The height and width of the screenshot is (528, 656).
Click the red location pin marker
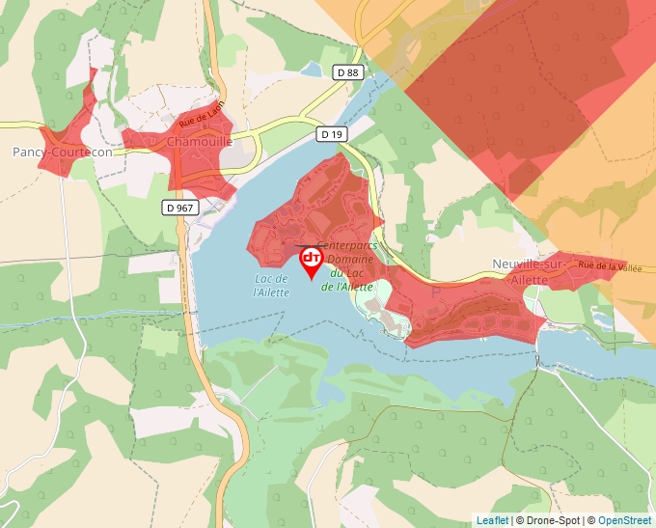312,261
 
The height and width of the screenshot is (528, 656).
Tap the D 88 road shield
347,72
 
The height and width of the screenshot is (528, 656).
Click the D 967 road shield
179,207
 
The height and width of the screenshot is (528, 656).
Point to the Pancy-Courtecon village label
62,153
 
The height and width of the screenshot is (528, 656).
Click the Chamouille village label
200,141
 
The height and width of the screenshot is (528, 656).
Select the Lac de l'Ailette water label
271,286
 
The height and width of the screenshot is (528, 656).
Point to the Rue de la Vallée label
611,265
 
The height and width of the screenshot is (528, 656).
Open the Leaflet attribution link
492,520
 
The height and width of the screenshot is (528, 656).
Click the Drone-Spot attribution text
552,520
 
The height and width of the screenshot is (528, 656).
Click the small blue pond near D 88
313,69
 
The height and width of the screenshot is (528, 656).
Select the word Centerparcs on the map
346,247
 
